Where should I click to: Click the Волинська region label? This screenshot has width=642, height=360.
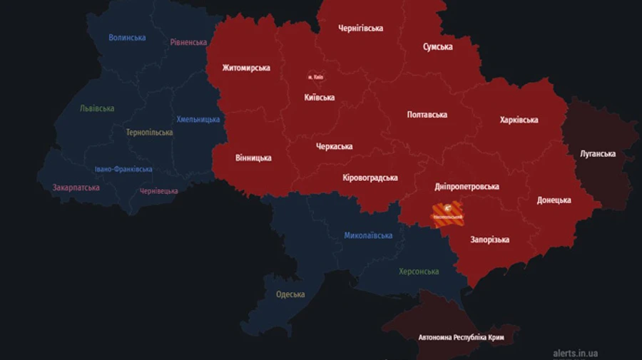click(x=127, y=38)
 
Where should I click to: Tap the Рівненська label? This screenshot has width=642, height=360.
click(x=188, y=43)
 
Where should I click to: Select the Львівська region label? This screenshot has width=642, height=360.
click(x=97, y=109)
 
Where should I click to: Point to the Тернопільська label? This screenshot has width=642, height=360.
click(x=149, y=133)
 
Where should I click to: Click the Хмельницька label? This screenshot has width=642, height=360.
click(x=198, y=120)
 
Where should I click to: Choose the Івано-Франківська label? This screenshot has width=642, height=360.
click(x=123, y=170)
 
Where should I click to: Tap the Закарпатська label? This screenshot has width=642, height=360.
click(x=76, y=188)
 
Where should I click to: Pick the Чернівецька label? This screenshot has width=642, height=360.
click(x=158, y=191)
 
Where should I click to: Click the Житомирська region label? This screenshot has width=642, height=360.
click(x=246, y=68)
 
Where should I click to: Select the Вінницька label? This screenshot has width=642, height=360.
click(x=253, y=158)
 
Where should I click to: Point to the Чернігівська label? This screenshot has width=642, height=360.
click(x=360, y=29)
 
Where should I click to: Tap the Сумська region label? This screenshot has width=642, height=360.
click(x=437, y=47)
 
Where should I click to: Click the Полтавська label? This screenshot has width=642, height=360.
click(x=427, y=115)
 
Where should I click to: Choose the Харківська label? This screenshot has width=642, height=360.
click(x=519, y=120)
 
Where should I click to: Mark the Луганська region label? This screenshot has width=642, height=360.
click(x=598, y=154)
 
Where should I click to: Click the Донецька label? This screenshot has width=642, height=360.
click(x=554, y=200)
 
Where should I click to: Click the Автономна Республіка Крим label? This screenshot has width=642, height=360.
click(x=461, y=337)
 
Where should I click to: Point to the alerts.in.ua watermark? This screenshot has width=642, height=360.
click(x=575, y=353)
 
